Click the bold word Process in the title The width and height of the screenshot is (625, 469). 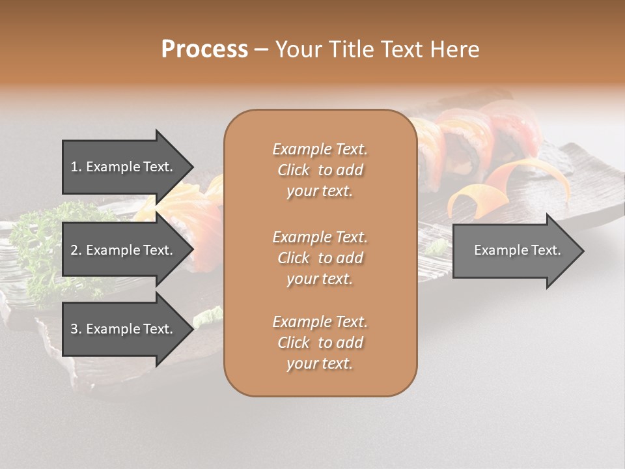tap(204, 50)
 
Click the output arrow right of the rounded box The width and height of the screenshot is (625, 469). tap(514, 251)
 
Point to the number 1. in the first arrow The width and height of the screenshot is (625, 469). tap(76, 167)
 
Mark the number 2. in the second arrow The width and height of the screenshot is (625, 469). tap(76, 250)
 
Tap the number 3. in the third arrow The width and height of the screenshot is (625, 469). tap(76, 329)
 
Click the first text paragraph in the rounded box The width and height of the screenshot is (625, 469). tap(320, 170)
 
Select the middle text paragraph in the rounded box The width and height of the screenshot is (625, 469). tap(320, 258)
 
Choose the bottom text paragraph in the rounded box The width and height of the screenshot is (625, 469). tap(320, 343)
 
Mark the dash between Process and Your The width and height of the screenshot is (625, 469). tap(261, 50)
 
